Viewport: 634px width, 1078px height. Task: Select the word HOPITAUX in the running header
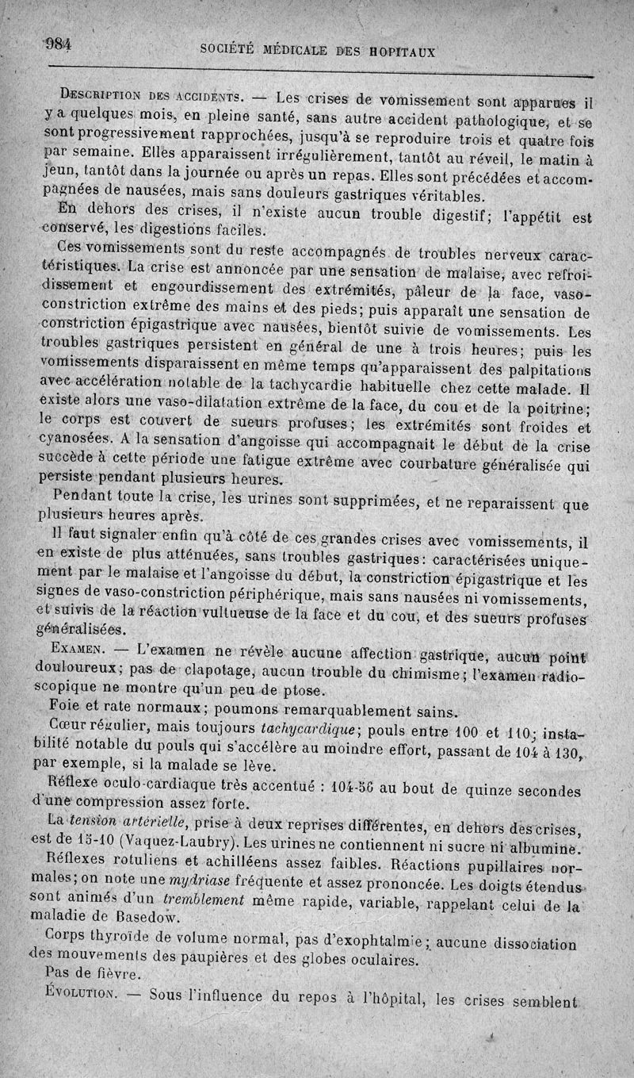coord(399,53)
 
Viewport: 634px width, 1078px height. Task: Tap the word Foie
coord(63,707)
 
